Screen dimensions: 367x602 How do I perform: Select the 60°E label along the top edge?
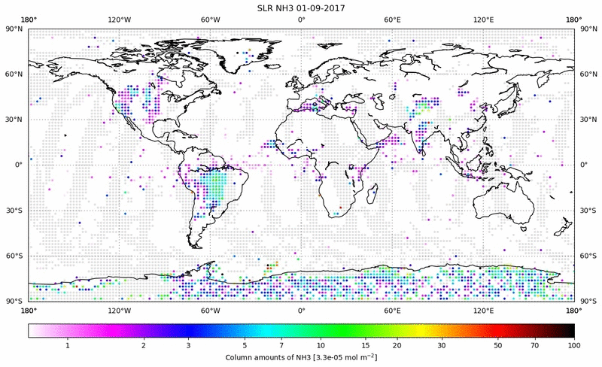[x=392, y=19]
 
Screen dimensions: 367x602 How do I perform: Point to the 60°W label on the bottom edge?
[x=210, y=310]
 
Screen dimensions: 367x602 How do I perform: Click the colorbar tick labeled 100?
[x=574, y=345]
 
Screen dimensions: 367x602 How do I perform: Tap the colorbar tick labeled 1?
[x=68, y=345]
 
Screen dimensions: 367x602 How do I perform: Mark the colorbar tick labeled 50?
[x=497, y=345]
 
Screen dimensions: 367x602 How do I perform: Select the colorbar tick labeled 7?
[x=281, y=345]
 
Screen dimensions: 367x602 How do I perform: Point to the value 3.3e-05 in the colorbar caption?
[x=327, y=357]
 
